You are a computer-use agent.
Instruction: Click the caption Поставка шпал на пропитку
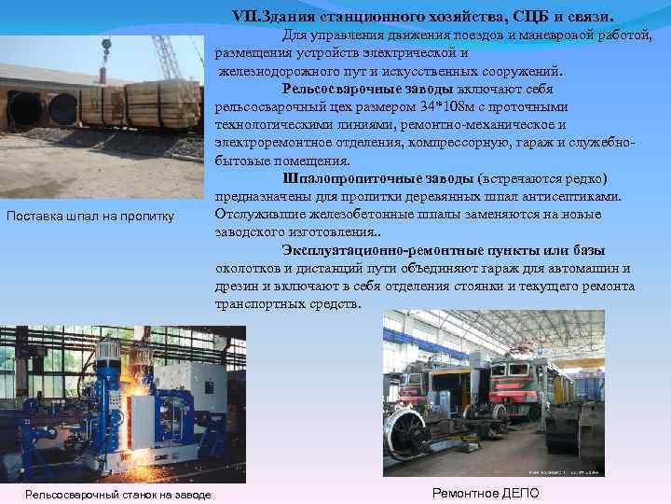coord(90,217)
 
